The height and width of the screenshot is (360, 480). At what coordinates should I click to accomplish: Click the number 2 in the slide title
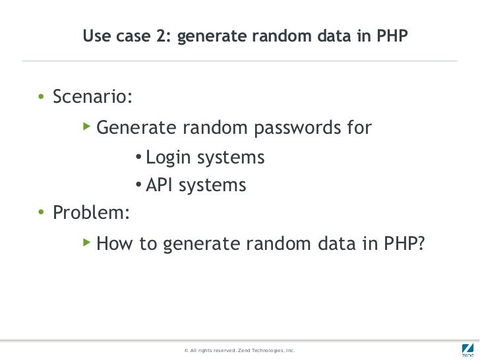162,38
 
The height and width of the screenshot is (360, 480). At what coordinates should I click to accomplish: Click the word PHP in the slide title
392,38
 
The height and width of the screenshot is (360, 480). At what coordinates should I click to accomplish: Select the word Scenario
92,97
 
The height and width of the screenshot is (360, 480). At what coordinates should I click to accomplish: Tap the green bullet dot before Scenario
41,98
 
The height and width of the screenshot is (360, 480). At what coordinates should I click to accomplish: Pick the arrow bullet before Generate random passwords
86,125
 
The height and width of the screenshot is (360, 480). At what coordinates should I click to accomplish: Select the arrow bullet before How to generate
86,243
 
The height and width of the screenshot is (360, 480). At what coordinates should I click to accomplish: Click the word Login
167,158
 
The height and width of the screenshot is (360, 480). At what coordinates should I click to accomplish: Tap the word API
159,186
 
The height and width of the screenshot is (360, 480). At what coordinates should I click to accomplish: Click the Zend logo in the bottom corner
465,349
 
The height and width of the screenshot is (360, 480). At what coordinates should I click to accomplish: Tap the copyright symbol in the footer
187,350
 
